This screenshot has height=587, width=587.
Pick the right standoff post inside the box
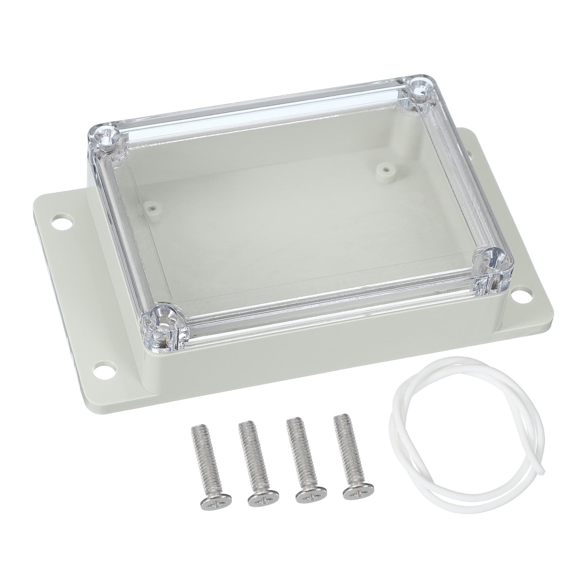coord(384,170)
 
